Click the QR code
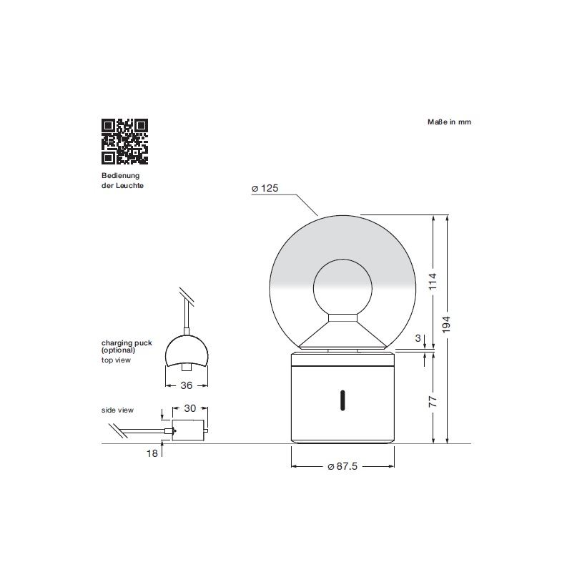tap(124, 141)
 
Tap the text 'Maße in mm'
tap(449, 122)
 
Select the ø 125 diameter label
tap(265, 188)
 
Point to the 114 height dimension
tap(433, 281)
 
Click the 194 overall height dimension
tap(446, 325)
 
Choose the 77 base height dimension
tap(433, 402)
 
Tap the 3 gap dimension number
tap(418, 338)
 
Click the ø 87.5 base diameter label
tap(342, 466)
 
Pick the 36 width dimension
tap(187, 385)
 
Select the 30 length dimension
tap(190, 408)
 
